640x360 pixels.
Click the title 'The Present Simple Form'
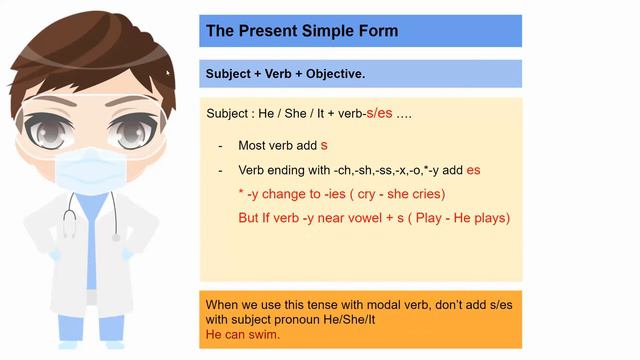click(x=301, y=31)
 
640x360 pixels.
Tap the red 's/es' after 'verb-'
click(x=379, y=114)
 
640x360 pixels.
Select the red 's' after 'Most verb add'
click(x=324, y=145)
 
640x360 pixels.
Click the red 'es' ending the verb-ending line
click(x=473, y=170)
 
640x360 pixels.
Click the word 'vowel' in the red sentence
click(x=358, y=217)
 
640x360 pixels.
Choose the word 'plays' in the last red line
click(x=486, y=217)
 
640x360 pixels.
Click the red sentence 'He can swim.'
click(x=242, y=334)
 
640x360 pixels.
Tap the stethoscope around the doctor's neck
click(x=72, y=215)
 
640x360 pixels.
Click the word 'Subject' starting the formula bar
click(x=228, y=74)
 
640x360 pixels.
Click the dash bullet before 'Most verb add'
click(x=220, y=146)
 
